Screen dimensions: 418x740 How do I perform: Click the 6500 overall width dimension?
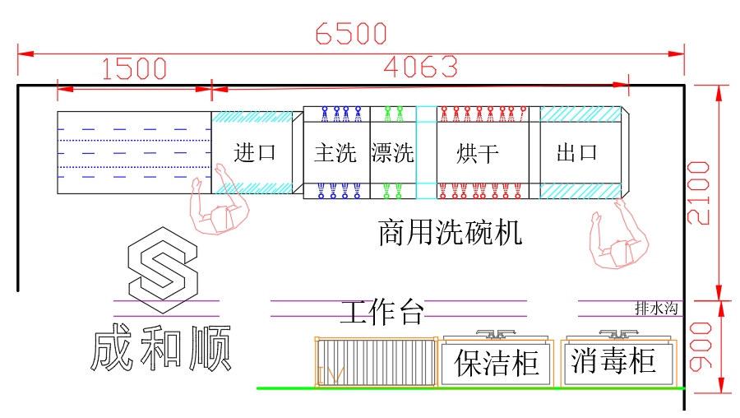351,34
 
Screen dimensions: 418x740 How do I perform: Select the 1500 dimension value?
134,69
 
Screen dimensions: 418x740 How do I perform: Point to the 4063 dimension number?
420,67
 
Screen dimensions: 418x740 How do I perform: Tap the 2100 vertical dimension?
699,193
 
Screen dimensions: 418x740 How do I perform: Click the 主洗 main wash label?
335,152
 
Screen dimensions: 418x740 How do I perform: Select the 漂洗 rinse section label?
392,152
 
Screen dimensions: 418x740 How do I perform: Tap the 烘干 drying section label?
479,152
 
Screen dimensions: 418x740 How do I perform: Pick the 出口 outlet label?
577,152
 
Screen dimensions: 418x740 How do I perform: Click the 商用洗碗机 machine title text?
450,233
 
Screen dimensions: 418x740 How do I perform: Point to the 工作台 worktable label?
382,312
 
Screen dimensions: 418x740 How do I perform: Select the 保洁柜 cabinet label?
497,362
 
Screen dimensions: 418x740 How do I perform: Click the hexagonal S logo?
163,264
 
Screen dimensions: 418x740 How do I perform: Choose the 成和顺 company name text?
161,349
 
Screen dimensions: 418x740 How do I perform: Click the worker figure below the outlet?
617,240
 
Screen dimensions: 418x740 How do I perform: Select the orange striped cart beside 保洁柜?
376,362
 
